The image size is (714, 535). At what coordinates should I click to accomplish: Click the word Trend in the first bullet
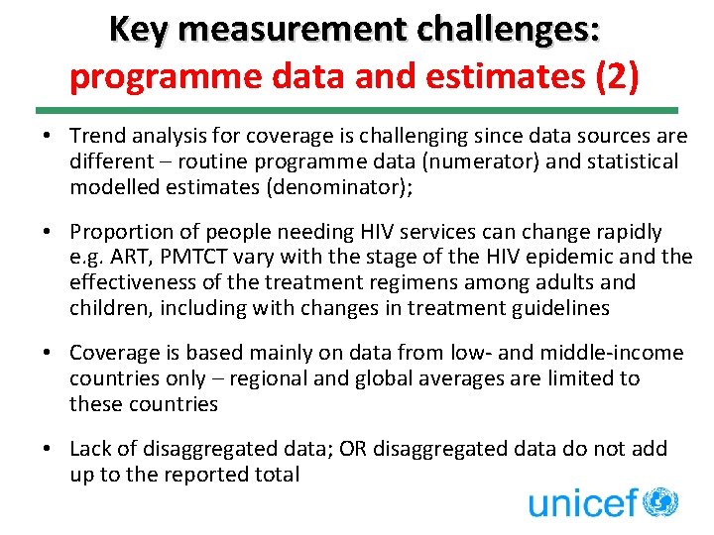(x=96, y=136)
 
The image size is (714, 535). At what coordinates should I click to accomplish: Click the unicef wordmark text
(x=581, y=502)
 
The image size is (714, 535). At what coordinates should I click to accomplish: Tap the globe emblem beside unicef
(x=659, y=501)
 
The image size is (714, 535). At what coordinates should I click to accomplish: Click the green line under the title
(x=357, y=110)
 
